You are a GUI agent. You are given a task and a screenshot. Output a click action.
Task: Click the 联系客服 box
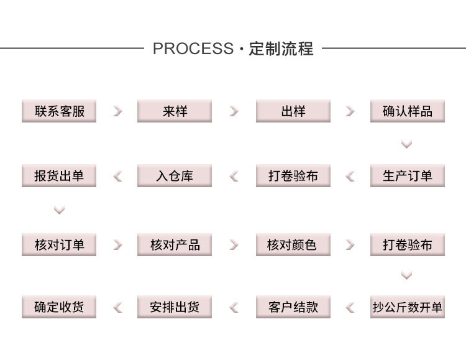59,111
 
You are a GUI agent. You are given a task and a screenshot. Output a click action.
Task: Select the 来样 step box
175,111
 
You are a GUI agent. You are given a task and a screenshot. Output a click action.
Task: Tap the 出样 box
293,111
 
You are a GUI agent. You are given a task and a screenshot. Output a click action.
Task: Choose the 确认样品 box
408,111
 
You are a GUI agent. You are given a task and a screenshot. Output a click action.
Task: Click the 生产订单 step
408,176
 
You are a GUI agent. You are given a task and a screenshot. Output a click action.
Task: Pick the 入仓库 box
175,176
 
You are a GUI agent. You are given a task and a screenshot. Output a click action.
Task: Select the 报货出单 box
59,176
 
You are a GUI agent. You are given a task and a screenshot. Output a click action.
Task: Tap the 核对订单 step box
59,244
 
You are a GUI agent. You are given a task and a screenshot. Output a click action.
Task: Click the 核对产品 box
175,244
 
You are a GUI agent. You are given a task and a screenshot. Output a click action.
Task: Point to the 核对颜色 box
293,244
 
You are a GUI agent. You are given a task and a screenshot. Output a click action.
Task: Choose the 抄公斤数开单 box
408,307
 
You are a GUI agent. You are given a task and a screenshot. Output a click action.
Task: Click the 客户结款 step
293,307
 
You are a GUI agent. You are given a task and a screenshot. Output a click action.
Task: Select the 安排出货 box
175,307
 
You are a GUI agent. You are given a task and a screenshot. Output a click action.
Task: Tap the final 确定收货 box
59,307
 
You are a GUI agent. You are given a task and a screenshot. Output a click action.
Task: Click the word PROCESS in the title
193,48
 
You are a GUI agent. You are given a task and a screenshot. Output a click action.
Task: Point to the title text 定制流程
281,48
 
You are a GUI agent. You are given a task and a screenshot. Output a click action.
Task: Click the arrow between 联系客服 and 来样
117,111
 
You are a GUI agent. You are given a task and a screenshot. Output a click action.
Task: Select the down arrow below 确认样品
406,144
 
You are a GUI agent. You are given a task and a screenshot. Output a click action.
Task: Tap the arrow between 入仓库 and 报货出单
117,177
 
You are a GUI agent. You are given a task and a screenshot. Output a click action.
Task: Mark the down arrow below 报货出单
59,210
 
